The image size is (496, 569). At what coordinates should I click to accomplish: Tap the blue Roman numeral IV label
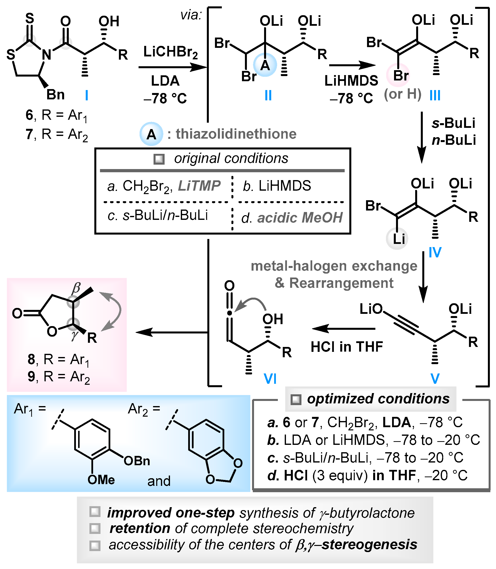click(435, 252)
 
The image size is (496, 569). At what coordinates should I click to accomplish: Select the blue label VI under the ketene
click(270, 379)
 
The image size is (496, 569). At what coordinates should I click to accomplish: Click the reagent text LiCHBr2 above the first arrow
click(170, 52)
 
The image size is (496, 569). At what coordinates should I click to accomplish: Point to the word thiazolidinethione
click(236, 134)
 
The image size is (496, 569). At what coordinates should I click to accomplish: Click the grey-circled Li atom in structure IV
click(398, 239)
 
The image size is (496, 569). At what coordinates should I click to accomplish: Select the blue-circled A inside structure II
click(265, 66)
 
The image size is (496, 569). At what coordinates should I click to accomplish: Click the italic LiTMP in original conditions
click(199, 186)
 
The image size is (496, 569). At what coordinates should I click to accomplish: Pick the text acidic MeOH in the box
click(300, 218)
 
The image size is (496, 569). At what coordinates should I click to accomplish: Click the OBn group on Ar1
click(137, 461)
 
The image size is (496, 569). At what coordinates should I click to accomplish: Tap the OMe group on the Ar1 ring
click(101, 480)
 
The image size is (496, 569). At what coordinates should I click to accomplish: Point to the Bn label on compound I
click(55, 95)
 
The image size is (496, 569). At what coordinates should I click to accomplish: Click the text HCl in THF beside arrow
click(347, 347)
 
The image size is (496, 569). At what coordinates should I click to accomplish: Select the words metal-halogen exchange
click(334, 266)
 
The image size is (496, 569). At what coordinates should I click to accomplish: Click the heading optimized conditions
click(378, 399)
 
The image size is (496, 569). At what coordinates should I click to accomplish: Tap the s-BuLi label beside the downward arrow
click(453, 123)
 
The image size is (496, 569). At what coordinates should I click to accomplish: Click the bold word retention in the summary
click(140, 528)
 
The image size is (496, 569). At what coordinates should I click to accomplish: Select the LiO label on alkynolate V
click(371, 309)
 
